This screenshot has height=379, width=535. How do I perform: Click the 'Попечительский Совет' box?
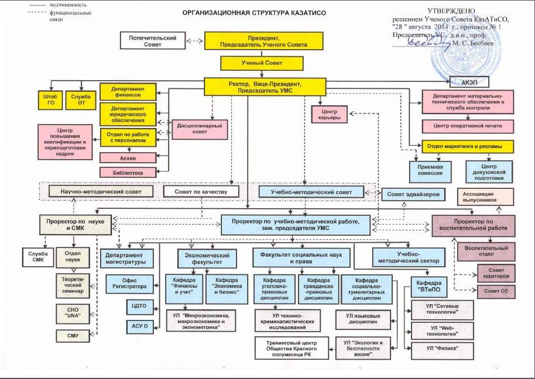click(152, 41)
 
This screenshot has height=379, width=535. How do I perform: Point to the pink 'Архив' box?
click(129, 157)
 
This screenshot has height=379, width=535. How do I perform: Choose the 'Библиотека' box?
click(129, 172)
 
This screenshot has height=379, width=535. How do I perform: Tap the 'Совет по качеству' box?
click(200, 191)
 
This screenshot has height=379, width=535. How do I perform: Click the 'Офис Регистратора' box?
click(129, 282)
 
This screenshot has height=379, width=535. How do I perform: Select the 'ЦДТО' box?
click(139, 305)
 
